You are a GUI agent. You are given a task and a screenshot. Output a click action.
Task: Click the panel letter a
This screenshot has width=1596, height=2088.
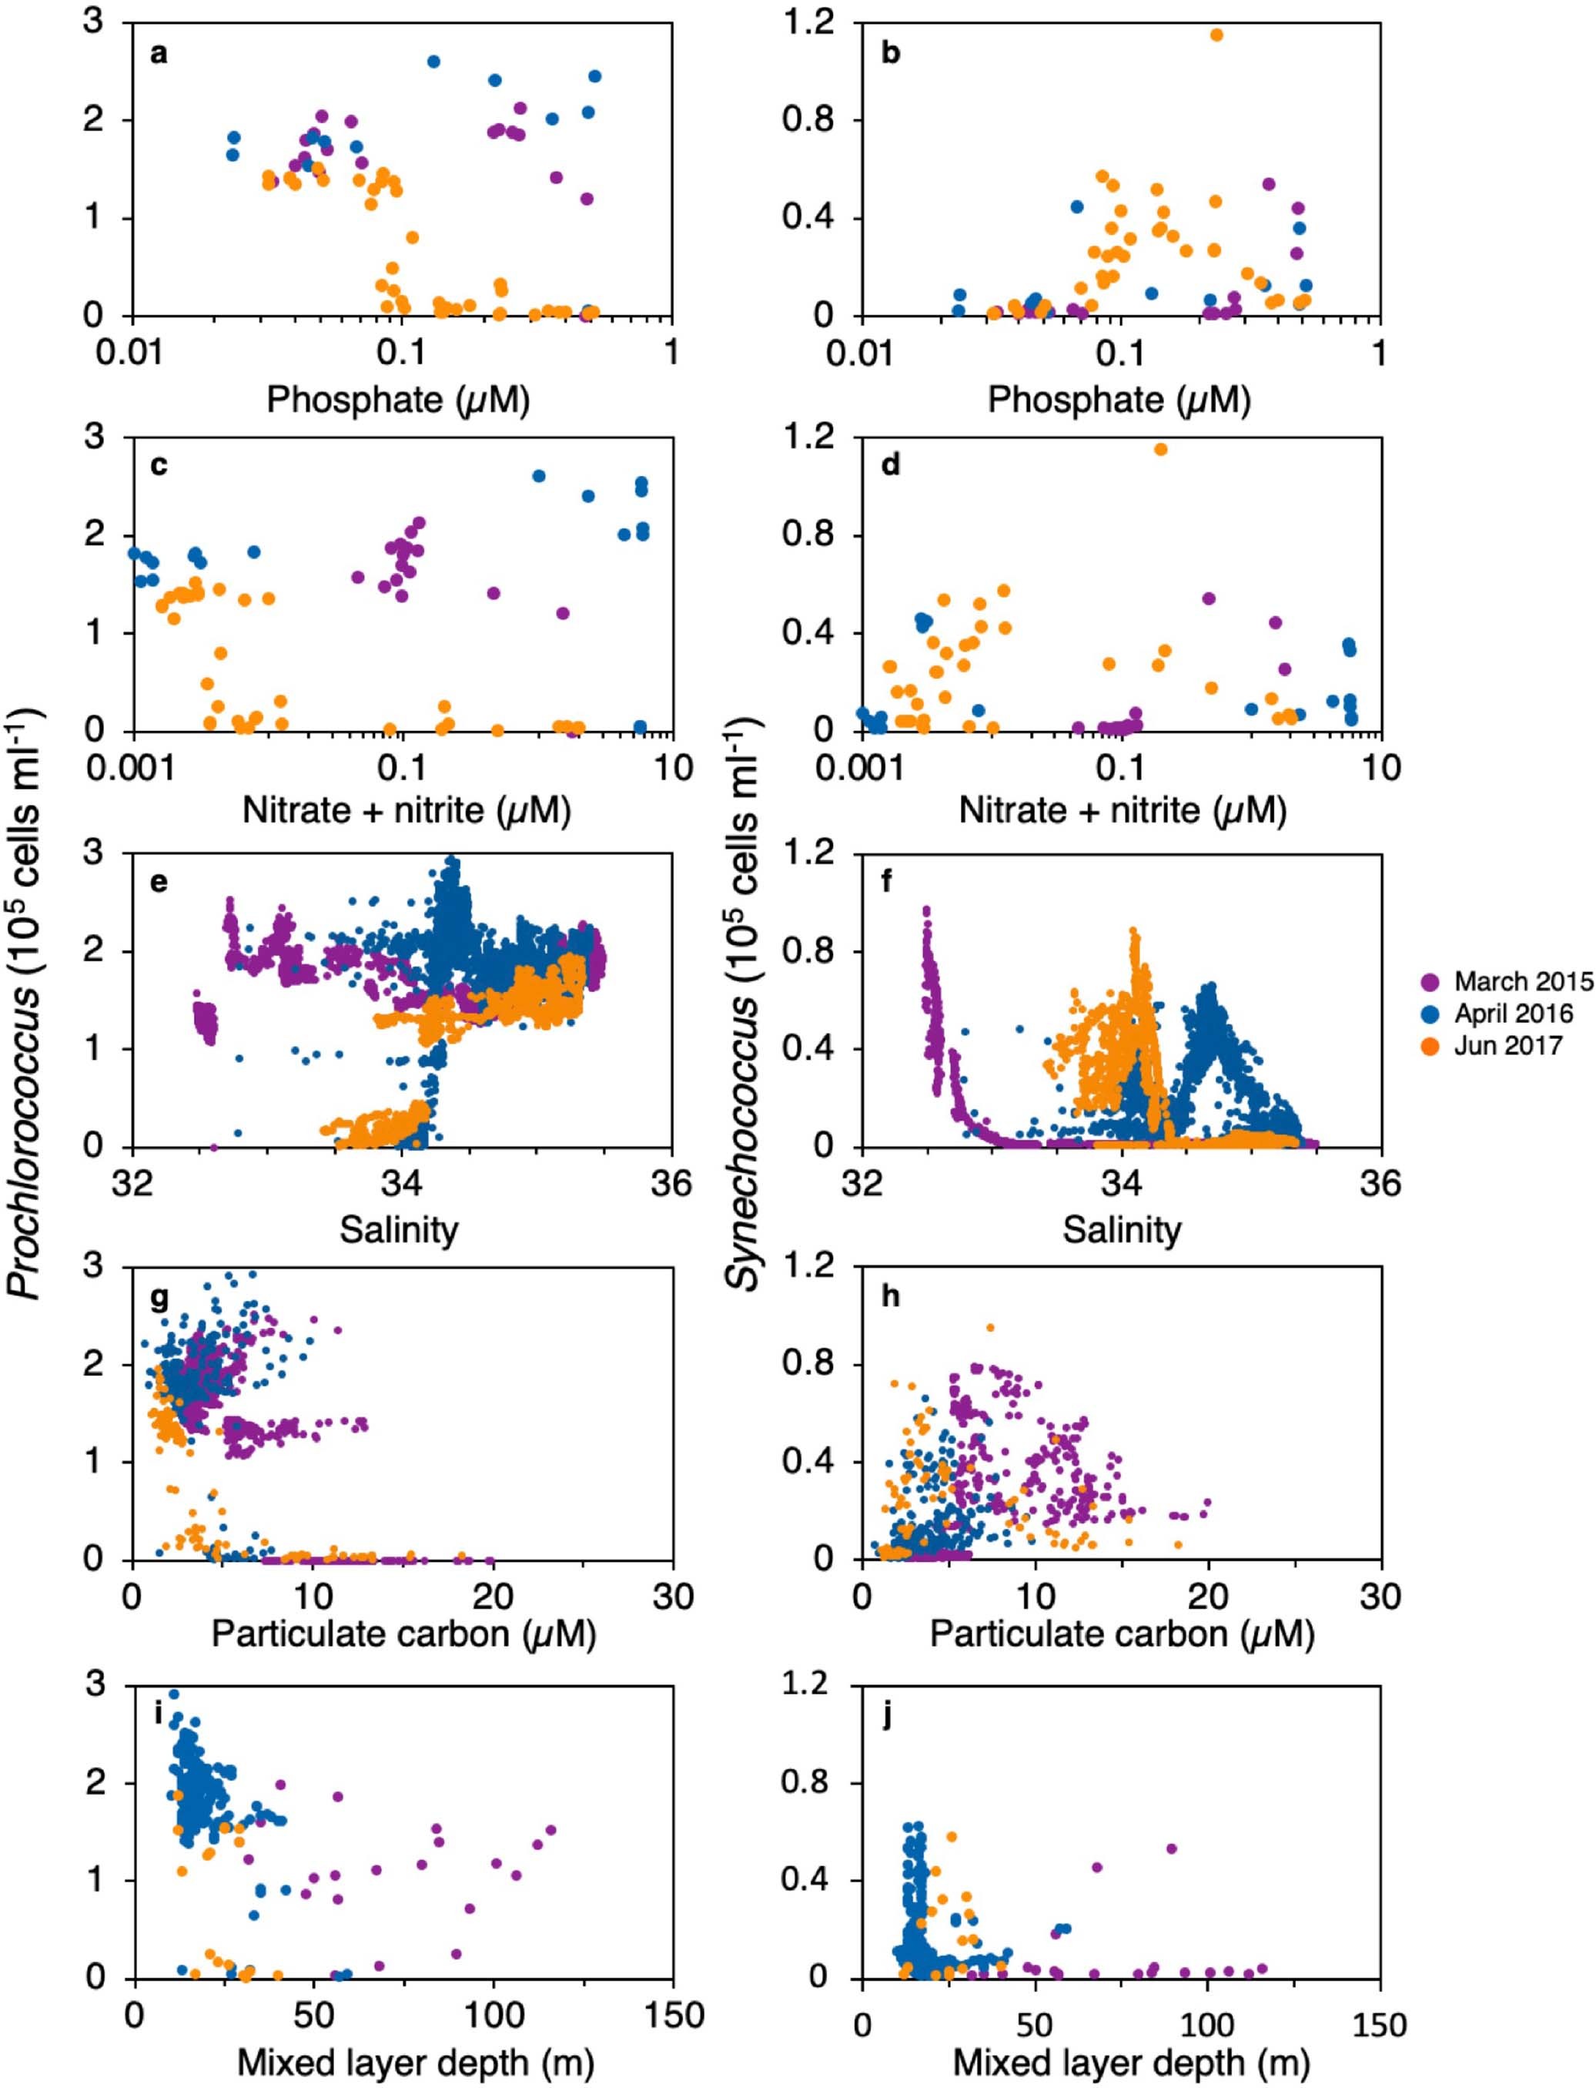(x=159, y=53)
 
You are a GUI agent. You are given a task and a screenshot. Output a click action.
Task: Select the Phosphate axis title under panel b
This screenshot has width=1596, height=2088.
(x=1119, y=400)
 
